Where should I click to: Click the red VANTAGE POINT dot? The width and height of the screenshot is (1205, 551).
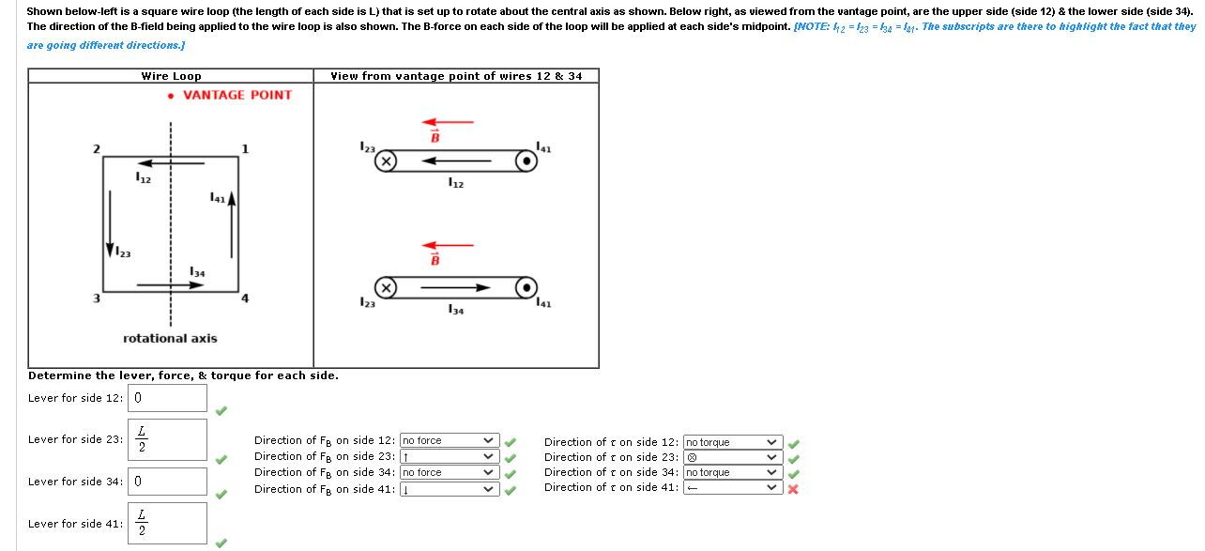pyautogui.click(x=170, y=96)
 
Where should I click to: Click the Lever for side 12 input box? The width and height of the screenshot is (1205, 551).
pyautogui.click(x=168, y=398)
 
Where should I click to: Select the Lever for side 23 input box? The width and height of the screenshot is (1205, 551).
pyautogui.click(x=168, y=440)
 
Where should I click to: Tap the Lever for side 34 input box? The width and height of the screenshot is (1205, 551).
pyautogui.click(x=168, y=482)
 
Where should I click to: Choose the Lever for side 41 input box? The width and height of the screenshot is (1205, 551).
pyautogui.click(x=168, y=524)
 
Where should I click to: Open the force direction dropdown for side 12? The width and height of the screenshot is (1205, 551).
pyautogui.click(x=449, y=440)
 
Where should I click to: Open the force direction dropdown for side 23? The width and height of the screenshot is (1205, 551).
pyautogui.click(x=449, y=456)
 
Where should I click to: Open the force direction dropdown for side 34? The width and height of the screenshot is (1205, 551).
pyautogui.click(x=449, y=472)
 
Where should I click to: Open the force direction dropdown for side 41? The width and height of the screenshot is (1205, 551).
pyautogui.click(x=449, y=489)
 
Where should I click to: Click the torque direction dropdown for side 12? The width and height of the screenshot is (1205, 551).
pyautogui.click(x=732, y=442)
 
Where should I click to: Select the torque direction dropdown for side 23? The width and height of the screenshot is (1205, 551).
pyautogui.click(x=732, y=457)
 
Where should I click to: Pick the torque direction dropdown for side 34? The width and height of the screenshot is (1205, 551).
pyautogui.click(x=732, y=472)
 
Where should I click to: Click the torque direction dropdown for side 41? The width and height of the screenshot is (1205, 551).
pyautogui.click(x=732, y=487)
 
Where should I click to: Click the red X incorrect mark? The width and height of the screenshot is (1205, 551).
pyautogui.click(x=793, y=489)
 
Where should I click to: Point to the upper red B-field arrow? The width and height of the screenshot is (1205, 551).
pyautogui.click(x=448, y=121)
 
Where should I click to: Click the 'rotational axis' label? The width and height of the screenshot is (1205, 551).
pyautogui.click(x=170, y=338)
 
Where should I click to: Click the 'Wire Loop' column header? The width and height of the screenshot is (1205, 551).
pyautogui.click(x=171, y=76)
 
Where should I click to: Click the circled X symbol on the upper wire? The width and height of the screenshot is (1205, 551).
pyautogui.click(x=386, y=161)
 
